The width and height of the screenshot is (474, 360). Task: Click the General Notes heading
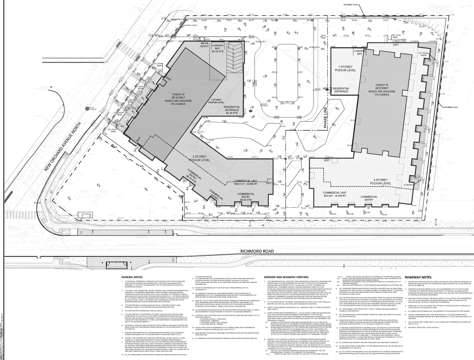[131, 277]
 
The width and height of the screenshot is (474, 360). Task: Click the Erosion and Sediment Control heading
[286, 277]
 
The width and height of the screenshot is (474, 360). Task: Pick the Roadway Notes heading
[418, 277]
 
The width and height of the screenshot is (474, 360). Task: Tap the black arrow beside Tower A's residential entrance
[251, 111]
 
